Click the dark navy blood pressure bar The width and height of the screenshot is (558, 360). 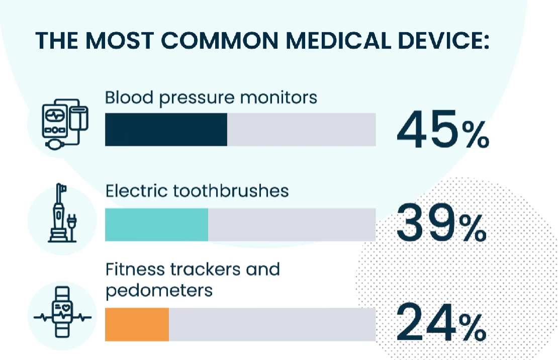[x=166, y=129]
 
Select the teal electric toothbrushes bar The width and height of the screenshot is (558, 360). [x=156, y=224]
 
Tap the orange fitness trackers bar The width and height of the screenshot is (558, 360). [x=137, y=324]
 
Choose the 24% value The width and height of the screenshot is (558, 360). [x=441, y=323]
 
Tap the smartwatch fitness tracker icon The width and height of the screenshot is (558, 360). [x=62, y=312]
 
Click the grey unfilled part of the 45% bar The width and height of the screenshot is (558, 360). [x=302, y=129]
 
